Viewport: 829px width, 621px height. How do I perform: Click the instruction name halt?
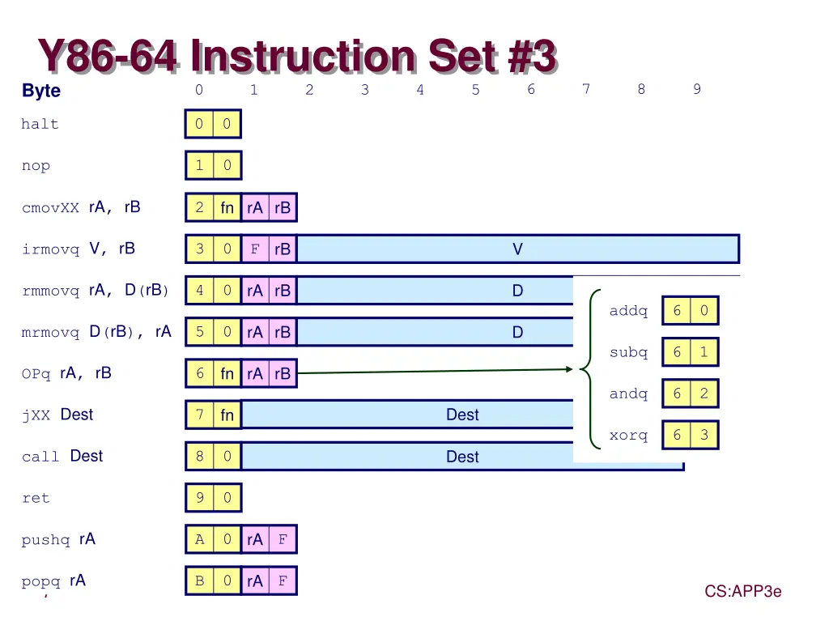[40, 124]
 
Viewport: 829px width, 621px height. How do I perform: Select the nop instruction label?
[36, 165]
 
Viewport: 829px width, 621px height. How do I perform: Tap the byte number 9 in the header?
[697, 89]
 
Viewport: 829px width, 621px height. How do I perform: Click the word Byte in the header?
[41, 91]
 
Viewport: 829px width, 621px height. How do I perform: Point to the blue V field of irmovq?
[517, 249]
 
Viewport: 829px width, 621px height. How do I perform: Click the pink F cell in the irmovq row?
[255, 249]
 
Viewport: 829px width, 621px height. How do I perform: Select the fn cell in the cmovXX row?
[227, 207]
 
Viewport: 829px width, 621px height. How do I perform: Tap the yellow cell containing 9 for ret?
[200, 498]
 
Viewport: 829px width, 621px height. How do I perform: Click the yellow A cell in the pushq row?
[200, 539]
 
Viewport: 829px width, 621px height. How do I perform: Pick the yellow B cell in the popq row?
[200, 581]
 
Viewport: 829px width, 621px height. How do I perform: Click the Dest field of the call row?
[462, 456]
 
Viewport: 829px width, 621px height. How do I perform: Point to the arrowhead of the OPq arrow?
[570, 369]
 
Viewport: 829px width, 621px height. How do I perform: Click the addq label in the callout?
[628, 311]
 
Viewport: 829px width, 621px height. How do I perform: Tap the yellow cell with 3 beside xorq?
[704, 435]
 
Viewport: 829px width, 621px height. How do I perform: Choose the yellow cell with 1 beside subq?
[704, 351]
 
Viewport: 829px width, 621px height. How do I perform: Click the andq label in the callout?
[628, 393]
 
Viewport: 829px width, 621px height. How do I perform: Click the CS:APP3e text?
[743, 591]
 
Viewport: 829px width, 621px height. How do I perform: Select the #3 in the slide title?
[532, 56]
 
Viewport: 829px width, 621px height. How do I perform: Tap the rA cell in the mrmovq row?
[255, 332]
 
